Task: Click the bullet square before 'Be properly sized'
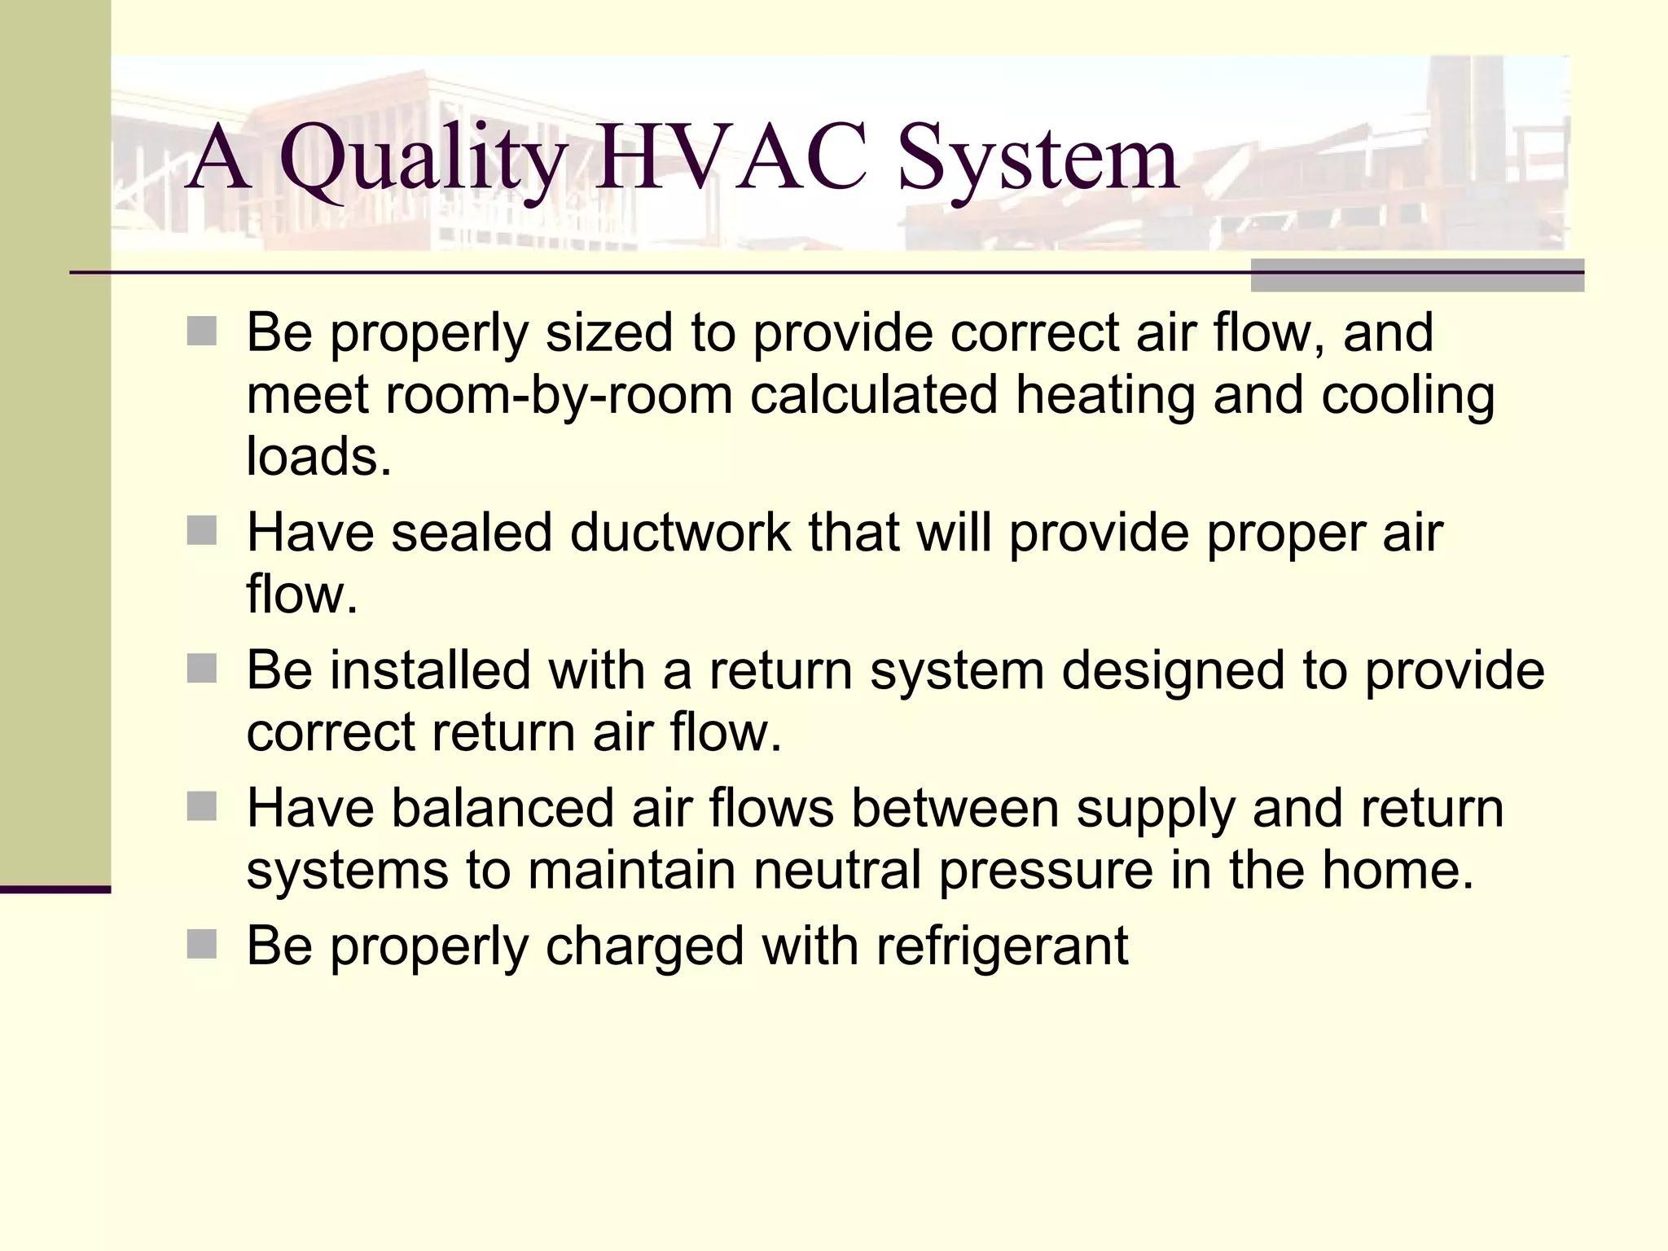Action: pyautogui.click(x=202, y=332)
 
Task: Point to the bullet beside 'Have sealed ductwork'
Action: pyautogui.click(x=202, y=531)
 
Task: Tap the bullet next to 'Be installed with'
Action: pyautogui.click(x=202, y=669)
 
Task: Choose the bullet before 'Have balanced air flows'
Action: pyautogui.click(x=202, y=807)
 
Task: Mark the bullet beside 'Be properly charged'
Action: pyautogui.click(x=202, y=946)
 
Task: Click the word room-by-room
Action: pyautogui.click(x=559, y=395)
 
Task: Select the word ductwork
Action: pyautogui.click(x=679, y=533)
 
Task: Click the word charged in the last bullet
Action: pyautogui.click(x=644, y=947)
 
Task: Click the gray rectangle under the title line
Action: pyautogui.click(x=1417, y=275)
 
